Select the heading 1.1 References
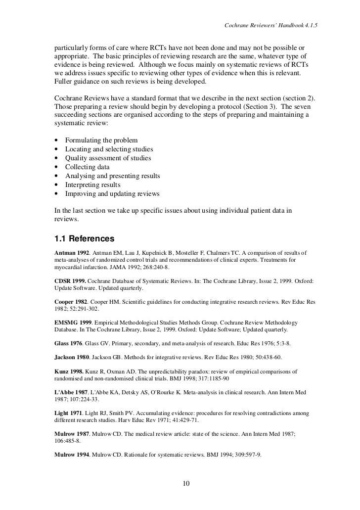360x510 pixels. (x=84, y=238)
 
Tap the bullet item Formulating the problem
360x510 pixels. (x=101, y=140)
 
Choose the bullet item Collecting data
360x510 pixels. (x=88, y=167)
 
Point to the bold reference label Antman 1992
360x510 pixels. (x=71, y=253)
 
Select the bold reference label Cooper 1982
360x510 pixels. (x=71, y=301)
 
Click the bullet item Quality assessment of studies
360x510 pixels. (x=108, y=158)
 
